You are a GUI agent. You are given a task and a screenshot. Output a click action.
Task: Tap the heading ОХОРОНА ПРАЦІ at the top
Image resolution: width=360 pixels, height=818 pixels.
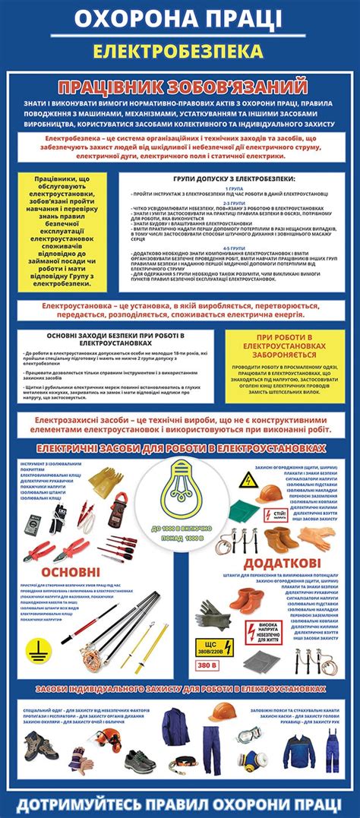pyautogui.click(x=180, y=18)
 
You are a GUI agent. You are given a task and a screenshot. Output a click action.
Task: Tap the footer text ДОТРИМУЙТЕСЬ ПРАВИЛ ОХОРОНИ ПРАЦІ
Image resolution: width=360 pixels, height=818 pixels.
pyautogui.click(x=180, y=803)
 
